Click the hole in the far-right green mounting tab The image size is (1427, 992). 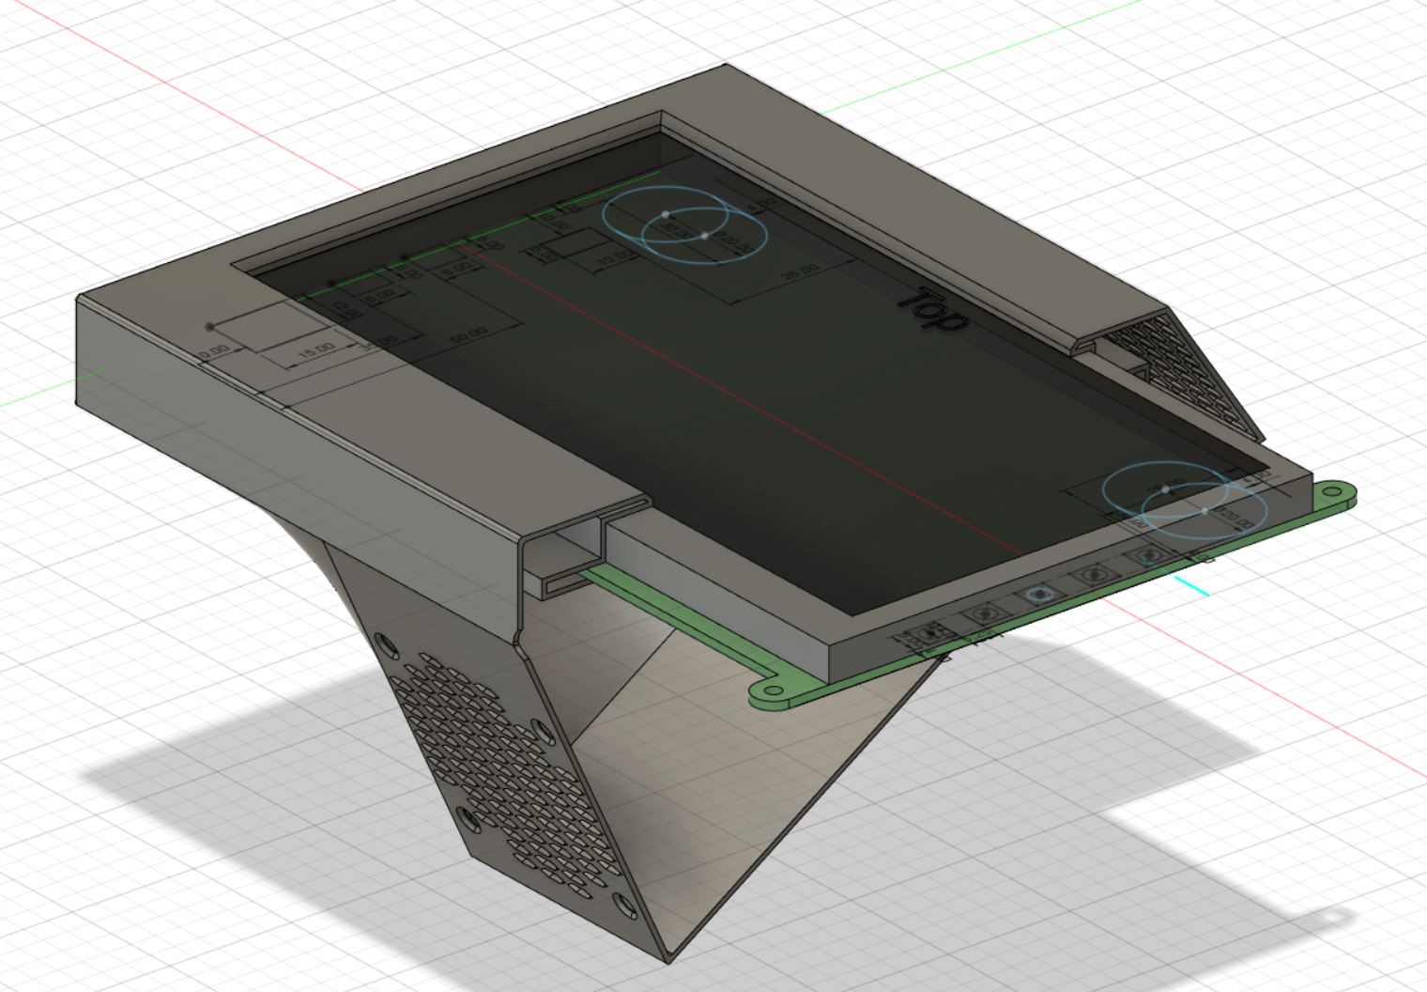click(1330, 490)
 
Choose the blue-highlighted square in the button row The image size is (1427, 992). click(1038, 595)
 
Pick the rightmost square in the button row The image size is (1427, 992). click(1147, 556)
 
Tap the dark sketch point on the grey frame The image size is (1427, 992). click(209, 327)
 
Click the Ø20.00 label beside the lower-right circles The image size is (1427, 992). click(1233, 518)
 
